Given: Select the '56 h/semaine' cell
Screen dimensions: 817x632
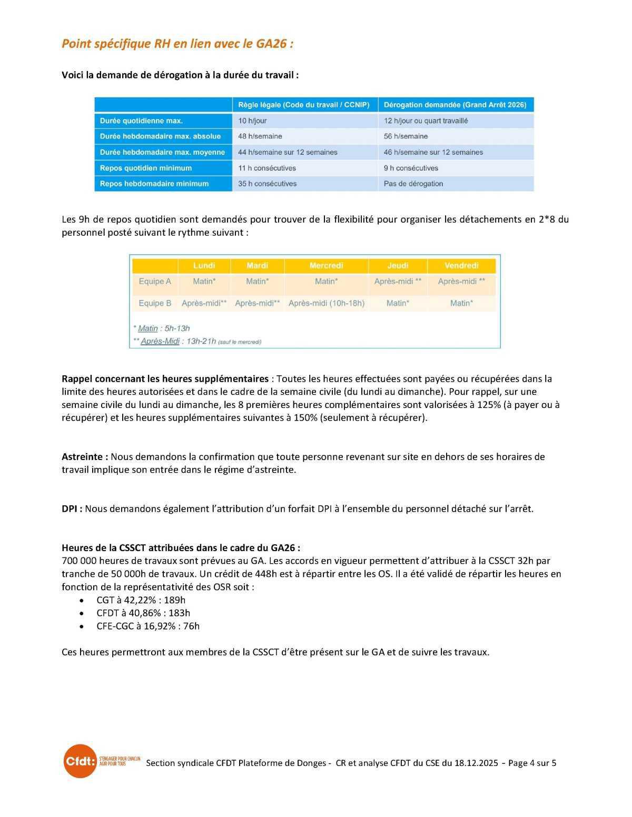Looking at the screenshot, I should pyautogui.click(x=406, y=136).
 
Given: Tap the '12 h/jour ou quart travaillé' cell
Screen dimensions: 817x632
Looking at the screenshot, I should pyautogui.click(x=426, y=121).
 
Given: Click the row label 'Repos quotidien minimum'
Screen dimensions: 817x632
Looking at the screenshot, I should pyautogui.click(x=146, y=168).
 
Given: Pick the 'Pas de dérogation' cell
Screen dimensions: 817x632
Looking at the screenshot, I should pyautogui.click(x=413, y=184).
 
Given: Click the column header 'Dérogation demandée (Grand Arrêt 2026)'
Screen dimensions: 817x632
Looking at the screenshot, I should pyautogui.click(x=455, y=105).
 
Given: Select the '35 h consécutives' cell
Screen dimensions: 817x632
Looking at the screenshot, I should pyautogui.click(x=267, y=184).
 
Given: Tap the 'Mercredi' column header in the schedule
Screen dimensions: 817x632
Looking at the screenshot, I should pyautogui.click(x=326, y=265).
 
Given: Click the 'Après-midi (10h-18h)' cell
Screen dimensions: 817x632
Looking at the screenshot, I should pyautogui.click(x=326, y=303).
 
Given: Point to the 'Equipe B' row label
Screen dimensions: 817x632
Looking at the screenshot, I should pyautogui.click(x=155, y=303).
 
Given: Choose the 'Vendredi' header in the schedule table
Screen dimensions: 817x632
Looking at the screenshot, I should pyautogui.click(x=461, y=265).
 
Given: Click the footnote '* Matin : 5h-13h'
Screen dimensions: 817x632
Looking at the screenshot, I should pyautogui.click(x=162, y=328).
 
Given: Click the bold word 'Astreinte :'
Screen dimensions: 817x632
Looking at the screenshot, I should pyautogui.click(x=85, y=457).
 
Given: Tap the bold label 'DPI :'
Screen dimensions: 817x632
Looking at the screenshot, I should pyautogui.click(x=72, y=509).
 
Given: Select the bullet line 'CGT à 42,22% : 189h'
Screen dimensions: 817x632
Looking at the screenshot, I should pyautogui.click(x=141, y=600).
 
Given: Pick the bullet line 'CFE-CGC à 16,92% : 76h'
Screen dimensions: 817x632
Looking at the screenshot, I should pyautogui.click(x=148, y=626).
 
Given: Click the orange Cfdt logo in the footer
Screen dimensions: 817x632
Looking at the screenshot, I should pyautogui.click(x=80, y=761).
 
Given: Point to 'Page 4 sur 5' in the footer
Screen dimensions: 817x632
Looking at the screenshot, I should pyautogui.click(x=532, y=763).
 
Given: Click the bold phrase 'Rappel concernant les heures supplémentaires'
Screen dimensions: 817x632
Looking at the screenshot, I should pyautogui.click(x=165, y=379).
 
